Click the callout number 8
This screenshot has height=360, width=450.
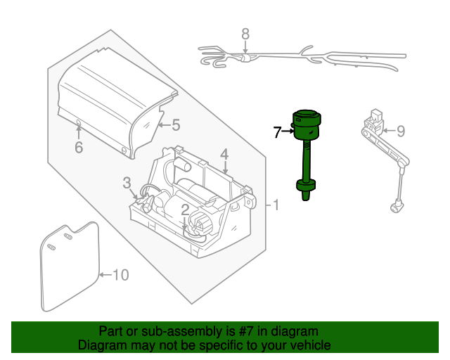point(245,34)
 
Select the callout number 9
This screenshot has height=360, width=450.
point(401,131)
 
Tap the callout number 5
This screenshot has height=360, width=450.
point(176,126)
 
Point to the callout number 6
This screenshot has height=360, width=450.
point(79,147)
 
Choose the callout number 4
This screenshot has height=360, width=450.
point(224,154)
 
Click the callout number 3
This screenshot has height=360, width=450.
point(127,183)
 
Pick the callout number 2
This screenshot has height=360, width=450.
point(184,210)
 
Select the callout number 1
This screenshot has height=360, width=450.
point(276,205)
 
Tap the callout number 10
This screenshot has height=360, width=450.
point(121,275)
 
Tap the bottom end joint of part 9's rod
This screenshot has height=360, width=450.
point(397,206)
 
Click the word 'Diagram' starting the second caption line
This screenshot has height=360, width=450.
point(100,345)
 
